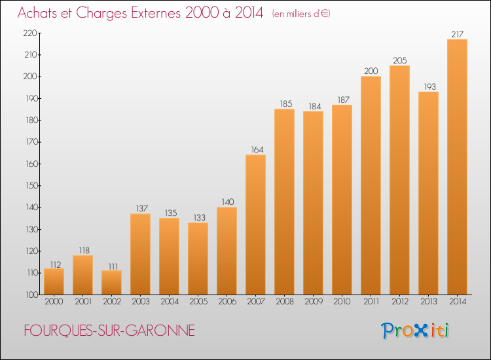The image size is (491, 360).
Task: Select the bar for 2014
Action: point(457,167)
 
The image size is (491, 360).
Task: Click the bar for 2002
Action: point(111,283)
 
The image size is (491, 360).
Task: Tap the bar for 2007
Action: point(255,225)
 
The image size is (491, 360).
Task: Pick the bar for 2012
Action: point(399,180)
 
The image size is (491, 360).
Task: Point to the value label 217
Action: point(457,34)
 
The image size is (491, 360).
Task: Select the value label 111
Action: point(111,265)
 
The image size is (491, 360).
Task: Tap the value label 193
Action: point(428,86)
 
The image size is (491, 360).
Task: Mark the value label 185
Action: point(284,103)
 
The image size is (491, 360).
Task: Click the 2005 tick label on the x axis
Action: point(198,302)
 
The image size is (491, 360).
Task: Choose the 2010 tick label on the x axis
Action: point(342,302)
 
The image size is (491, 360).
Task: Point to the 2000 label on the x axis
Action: point(54,302)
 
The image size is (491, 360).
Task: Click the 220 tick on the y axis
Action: point(30,33)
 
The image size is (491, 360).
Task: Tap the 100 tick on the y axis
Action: point(30,295)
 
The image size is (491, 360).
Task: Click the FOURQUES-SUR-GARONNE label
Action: point(109,331)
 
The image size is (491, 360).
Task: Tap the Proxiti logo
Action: point(415,330)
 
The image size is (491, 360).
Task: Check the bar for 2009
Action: point(313,203)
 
